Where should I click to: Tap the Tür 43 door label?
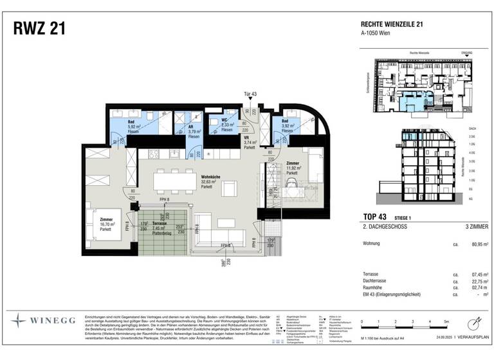pyautogui.click(x=250, y=94)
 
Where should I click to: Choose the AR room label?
pyautogui.click(x=192, y=127)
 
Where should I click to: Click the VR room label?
pyautogui.click(x=246, y=138)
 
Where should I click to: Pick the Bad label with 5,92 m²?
pyautogui.click(x=131, y=121)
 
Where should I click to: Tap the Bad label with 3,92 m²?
pyautogui.click(x=284, y=121)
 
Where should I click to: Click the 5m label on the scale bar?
pyautogui.click(x=444, y=321)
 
